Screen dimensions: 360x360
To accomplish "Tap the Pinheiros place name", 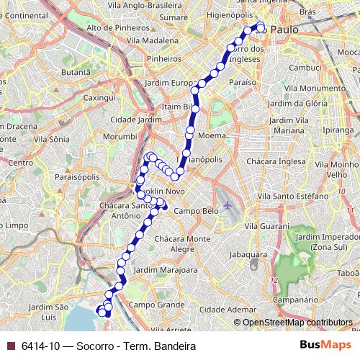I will (163, 58).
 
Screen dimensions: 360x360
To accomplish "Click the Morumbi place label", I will (120, 135).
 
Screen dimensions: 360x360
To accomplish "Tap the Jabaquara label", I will (247, 253).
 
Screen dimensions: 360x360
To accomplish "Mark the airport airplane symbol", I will (228, 206).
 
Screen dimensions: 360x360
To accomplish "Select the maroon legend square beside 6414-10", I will (10, 346).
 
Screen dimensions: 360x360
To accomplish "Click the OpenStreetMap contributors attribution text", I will (298, 323).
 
